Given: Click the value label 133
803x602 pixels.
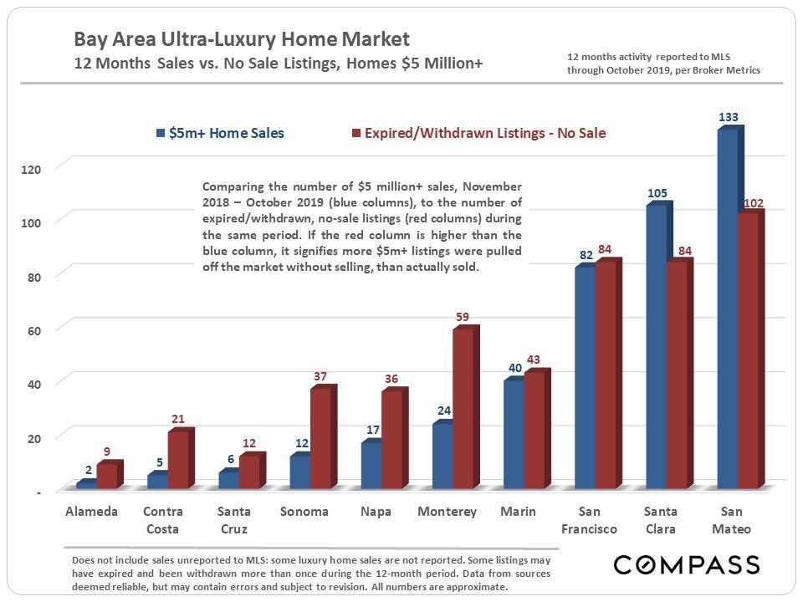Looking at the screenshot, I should coord(729,117).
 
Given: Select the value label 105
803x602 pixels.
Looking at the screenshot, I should coord(657,193).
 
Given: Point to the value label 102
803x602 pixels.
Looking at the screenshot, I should coord(753,202).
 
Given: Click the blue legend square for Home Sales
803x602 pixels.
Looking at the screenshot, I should coord(160,133).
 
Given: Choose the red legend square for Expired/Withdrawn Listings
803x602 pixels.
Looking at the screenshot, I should coord(356,133).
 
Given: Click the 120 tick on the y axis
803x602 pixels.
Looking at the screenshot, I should coord(30,169).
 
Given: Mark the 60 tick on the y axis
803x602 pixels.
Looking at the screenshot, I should coord(34,329).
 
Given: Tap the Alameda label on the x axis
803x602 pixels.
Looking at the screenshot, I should coord(91,511).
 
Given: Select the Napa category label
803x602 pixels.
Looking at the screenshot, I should coord(375,511).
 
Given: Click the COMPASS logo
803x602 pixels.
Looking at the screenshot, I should coord(687,564).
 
